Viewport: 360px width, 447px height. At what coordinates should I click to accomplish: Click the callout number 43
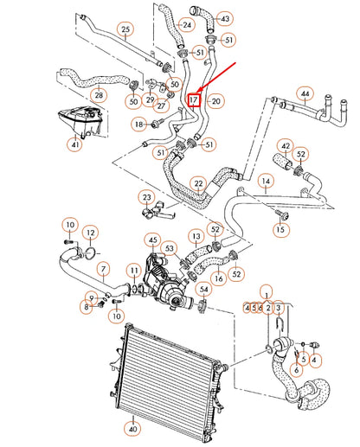pyautogui.click(x=225, y=18)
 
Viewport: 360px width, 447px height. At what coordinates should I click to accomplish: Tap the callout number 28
pyautogui.click(x=99, y=94)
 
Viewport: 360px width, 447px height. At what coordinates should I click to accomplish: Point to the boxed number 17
pyautogui.click(x=194, y=100)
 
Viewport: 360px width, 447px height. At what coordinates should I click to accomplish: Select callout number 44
pyautogui.click(x=305, y=93)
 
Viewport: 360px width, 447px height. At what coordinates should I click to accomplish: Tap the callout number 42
pyautogui.click(x=286, y=146)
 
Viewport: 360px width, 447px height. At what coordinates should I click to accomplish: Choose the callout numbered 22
pyautogui.click(x=199, y=184)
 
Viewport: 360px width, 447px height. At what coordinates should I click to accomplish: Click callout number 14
pyautogui.click(x=267, y=182)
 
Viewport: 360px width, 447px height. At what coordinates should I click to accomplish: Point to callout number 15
pyautogui.click(x=280, y=229)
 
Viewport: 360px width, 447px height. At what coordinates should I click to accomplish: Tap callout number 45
pyautogui.click(x=152, y=239)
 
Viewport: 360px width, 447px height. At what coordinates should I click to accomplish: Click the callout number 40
pyautogui.click(x=132, y=427)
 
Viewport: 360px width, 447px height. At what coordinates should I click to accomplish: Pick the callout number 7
pyautogui.click(x=102, y=268)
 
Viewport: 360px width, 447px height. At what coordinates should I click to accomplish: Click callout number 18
pyautogui.click(x=138, y=125)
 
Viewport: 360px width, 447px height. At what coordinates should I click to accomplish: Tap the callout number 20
pyautogui.click(x=216, y=101)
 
